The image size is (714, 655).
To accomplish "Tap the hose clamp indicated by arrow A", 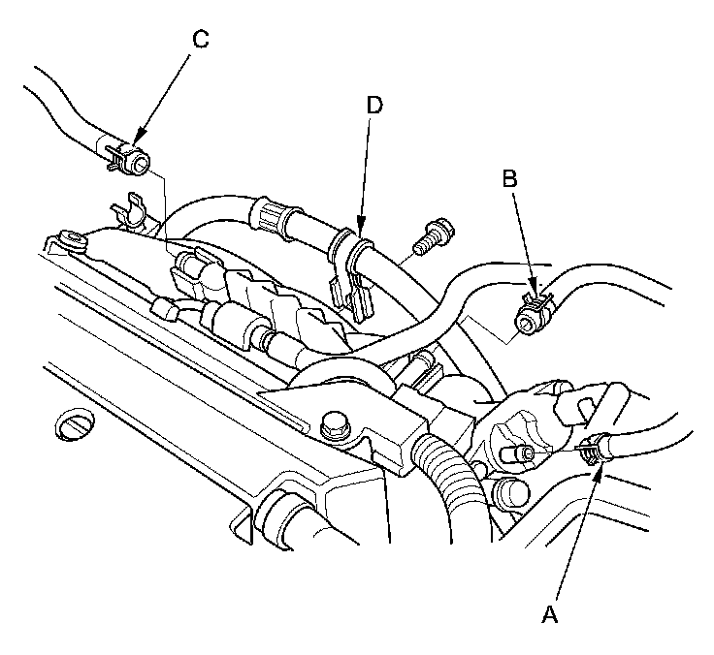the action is [590, 449].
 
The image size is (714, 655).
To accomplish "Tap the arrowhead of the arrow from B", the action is [533, 289].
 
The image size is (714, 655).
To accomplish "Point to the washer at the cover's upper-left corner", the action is [71, 238].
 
